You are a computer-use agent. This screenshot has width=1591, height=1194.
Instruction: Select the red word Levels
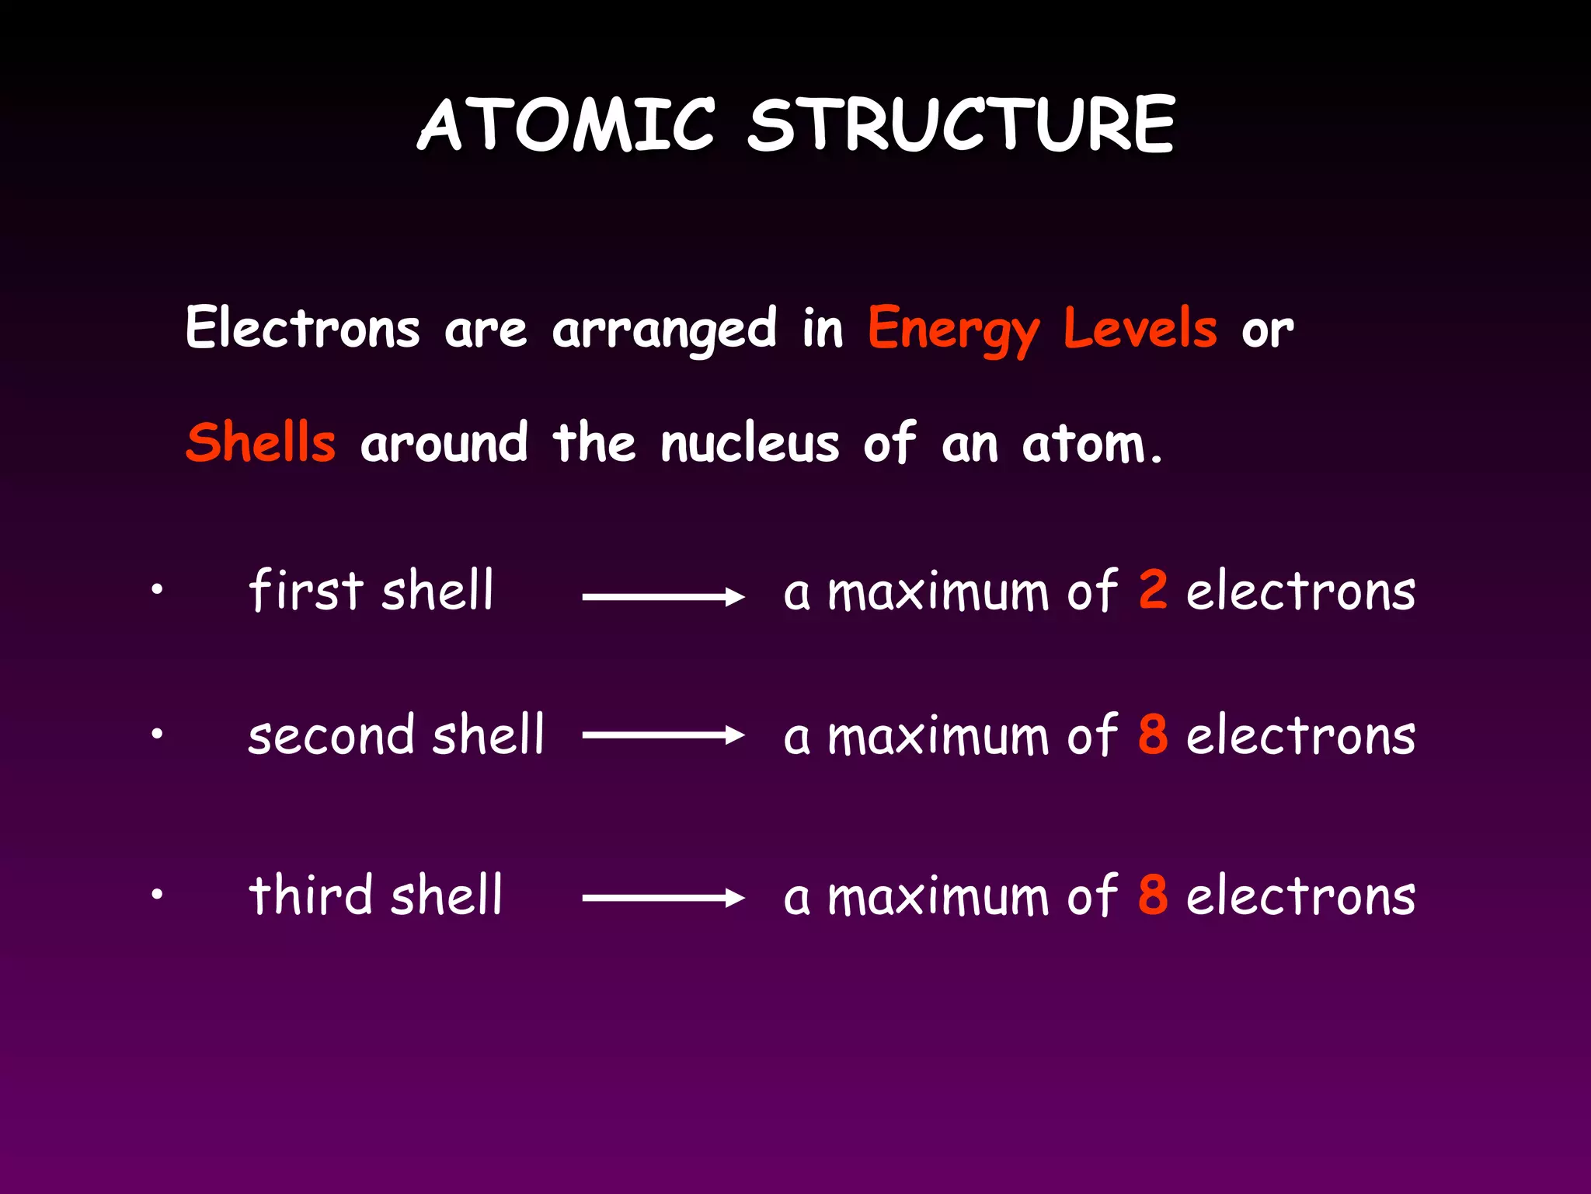[1140, 328]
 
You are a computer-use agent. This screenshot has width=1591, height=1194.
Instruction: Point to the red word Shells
[261, 442]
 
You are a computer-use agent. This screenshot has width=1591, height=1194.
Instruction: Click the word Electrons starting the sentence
[303, 328]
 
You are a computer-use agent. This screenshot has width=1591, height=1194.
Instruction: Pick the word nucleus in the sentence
[750, 444]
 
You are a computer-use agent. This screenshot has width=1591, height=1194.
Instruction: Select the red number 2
[1153, 589]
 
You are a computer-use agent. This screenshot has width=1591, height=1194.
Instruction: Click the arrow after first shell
[663, 597]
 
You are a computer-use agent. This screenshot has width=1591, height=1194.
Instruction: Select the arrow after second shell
[663, 735]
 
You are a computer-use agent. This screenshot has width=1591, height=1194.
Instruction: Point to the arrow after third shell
[663, 898]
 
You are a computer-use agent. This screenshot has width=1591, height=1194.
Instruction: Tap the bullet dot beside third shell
[157, 894]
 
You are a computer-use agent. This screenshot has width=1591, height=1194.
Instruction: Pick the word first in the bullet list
[305, 589]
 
